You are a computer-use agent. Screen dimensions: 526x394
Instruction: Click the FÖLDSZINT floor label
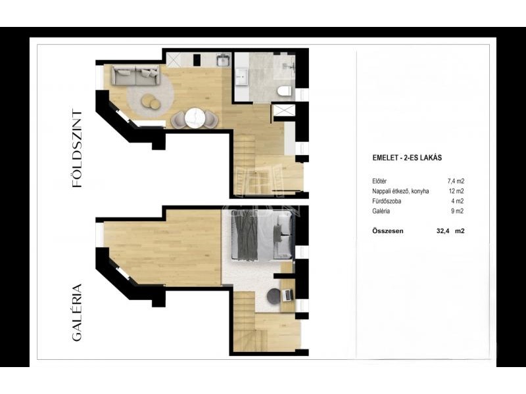[77, 148]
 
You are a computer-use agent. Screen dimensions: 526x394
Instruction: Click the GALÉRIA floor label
[77, 313]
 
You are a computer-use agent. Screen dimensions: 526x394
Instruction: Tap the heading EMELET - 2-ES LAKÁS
[407, 158]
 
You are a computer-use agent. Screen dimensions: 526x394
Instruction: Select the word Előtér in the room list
[379, 181]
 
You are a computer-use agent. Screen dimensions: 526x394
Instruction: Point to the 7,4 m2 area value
[456, 181]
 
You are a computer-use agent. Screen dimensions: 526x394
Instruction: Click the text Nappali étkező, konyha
[400, 191]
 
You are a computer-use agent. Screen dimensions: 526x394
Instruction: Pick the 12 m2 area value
[456, 191]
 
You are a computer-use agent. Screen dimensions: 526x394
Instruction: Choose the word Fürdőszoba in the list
[387, 202]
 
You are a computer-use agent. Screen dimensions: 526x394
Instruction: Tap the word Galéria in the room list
[381, 211]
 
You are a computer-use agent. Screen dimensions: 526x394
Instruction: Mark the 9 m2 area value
[458, 211]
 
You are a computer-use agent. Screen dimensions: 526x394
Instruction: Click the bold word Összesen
[388, 231]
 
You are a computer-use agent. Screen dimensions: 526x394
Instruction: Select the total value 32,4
[442, 231]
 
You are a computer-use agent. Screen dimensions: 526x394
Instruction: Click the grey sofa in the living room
[136, 76]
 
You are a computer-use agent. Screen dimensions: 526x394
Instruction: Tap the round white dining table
[195, 118]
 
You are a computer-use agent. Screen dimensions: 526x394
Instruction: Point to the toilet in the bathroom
[285, 91]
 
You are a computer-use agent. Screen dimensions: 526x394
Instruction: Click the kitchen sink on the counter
[223, 60]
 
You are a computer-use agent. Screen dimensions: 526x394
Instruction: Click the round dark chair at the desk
[275, 296]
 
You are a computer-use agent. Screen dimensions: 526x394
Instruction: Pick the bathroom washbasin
[241, 77]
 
